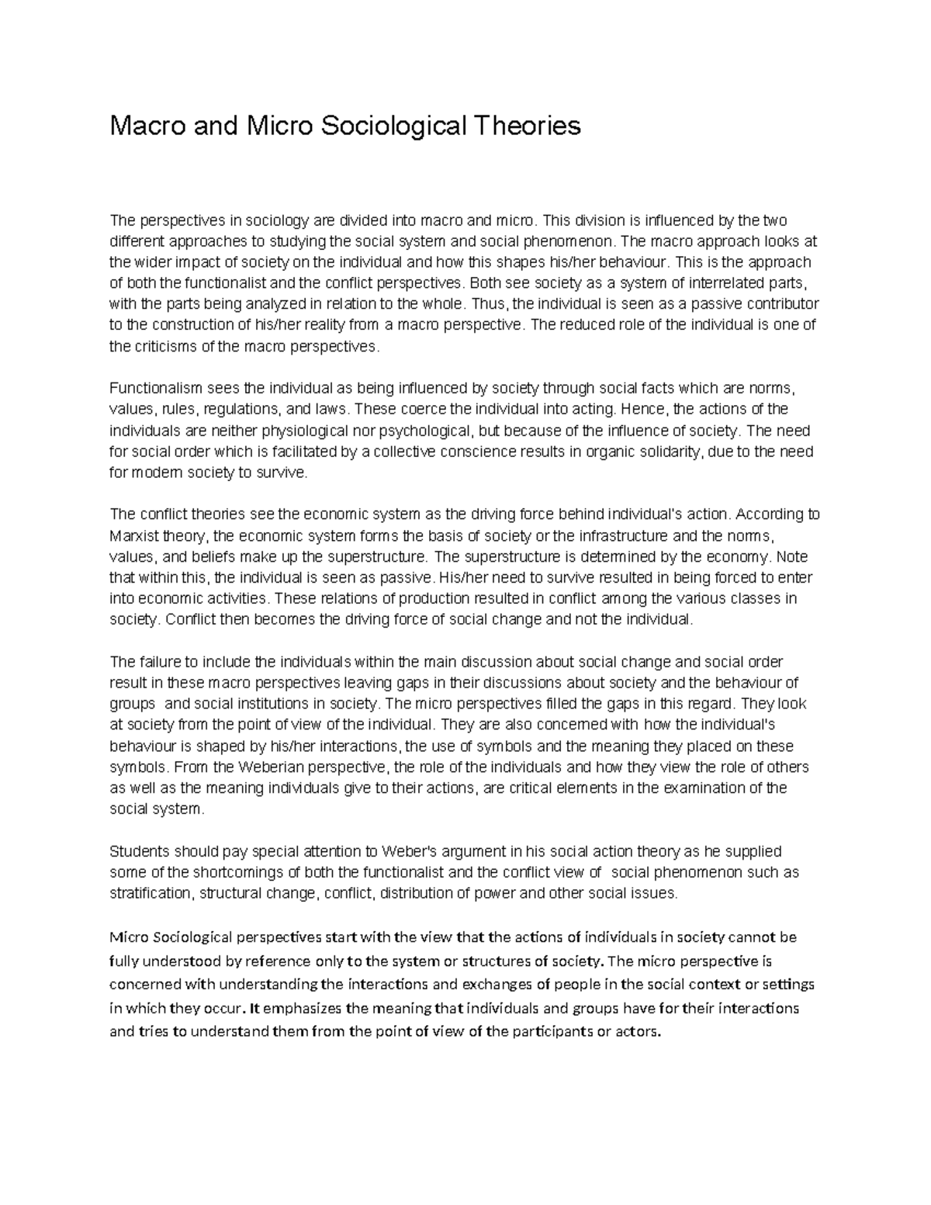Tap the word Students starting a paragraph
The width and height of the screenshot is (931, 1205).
[137, 851]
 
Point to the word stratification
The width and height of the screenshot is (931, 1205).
[150, 893]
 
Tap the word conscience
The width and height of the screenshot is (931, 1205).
[463, 452]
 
